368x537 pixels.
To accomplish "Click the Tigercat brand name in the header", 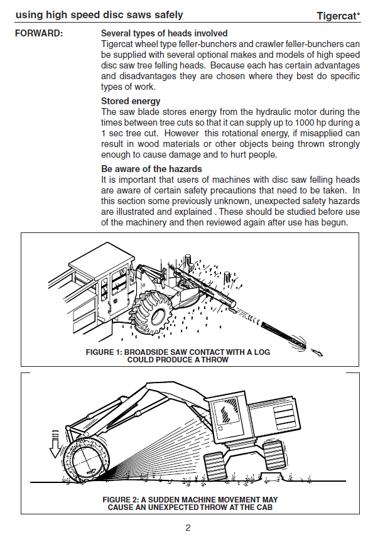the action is [x=338, y=16].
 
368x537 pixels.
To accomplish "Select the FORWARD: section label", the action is [x=39, y=33].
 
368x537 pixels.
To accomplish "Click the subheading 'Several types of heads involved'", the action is [x=165, y=33].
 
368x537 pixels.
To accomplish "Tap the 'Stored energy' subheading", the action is [x=131, y=101].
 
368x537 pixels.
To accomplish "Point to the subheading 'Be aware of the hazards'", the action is [x=151, y=169].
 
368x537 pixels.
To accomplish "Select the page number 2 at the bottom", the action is [x=188, y=528].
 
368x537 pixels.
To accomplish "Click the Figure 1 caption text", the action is [x=178, y=356].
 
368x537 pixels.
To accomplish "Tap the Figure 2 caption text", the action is [x=190, y=504].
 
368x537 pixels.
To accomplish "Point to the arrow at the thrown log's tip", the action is [x=317, y=352].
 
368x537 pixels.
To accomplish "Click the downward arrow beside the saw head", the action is [x=55, y=443].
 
